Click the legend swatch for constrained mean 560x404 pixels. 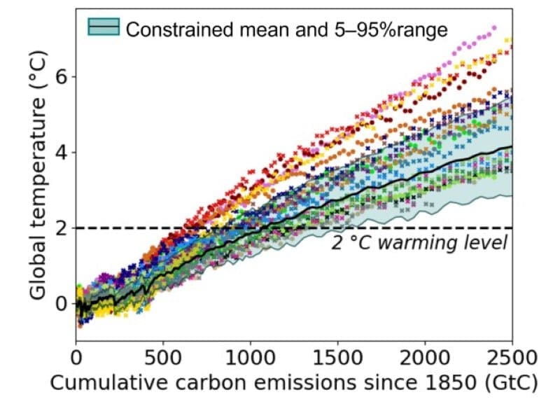pos(104,27)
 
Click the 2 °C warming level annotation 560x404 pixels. pos(419,244)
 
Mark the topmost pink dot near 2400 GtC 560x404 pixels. pos(494,28)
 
